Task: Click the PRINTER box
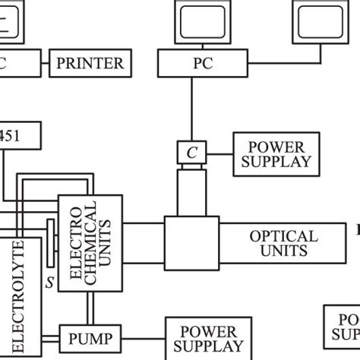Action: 90,62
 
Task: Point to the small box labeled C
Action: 191,153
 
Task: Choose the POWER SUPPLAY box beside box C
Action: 274,153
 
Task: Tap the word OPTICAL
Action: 283,236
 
